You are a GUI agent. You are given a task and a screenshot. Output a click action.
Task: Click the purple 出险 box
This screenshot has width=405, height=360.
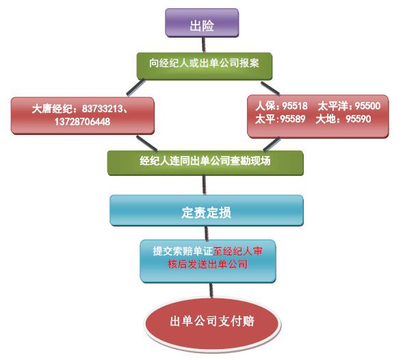pyautogui.click(x=202, y=23)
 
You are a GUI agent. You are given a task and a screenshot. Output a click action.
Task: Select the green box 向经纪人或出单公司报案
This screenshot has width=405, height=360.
pyautogui.click(x=205, y=66)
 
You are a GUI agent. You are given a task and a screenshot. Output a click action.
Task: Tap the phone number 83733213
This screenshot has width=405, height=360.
pyautogui.click(x=103, y=109)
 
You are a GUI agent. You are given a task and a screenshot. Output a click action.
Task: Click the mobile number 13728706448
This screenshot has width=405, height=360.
pyautogui.click(x=82, y=121)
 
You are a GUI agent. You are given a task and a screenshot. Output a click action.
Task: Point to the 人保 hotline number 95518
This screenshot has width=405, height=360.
pyautogui.click(x=295, y=105)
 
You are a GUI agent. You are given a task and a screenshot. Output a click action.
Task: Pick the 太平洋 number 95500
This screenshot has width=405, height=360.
pyautogui.click(x=367, y=105)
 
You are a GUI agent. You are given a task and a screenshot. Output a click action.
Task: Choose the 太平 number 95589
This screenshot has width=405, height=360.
pyautogui.click(x=293, y=119)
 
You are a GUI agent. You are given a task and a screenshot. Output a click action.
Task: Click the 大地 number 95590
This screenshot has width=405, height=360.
pyautogui.click(x=358, y=119)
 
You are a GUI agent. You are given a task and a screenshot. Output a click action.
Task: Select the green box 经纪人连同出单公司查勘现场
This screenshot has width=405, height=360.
pyautogui.click(x=205, y=163)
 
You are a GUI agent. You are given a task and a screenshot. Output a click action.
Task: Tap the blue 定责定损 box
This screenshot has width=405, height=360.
pyautogui.click(x=207, y=210)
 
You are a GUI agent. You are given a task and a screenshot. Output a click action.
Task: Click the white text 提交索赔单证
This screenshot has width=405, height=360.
pyautogui.click(x=183, y=251)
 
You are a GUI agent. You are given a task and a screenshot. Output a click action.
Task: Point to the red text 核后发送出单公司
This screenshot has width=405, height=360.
pyautogui.click(x=208, y=264)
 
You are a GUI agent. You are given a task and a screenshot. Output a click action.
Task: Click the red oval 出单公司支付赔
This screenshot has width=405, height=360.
pyautogui.click(x=212, y=325)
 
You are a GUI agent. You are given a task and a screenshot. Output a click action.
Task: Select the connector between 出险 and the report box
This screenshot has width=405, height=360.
pyautogui.click(x=204, y=45)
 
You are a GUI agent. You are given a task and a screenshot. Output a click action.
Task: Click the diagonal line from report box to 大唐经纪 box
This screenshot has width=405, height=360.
pyautogui.click(x=135, y=88)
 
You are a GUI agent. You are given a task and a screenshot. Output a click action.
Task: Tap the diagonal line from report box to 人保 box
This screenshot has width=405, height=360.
pyautogui.click(x=270, y=88)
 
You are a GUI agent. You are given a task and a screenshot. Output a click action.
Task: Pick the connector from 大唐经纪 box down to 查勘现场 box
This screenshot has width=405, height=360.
pyautogui.click(x=146, y=143)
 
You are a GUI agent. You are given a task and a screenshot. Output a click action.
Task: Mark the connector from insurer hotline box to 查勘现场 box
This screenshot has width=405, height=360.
pyautogui.click(x=272, y=144)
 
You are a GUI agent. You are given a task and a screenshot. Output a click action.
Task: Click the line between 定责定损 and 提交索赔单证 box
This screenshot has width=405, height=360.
pyautogui.click(x=207, y=233)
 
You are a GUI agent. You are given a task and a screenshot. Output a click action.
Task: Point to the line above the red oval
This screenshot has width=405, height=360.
pyautogui.click(x=211, y=290)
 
